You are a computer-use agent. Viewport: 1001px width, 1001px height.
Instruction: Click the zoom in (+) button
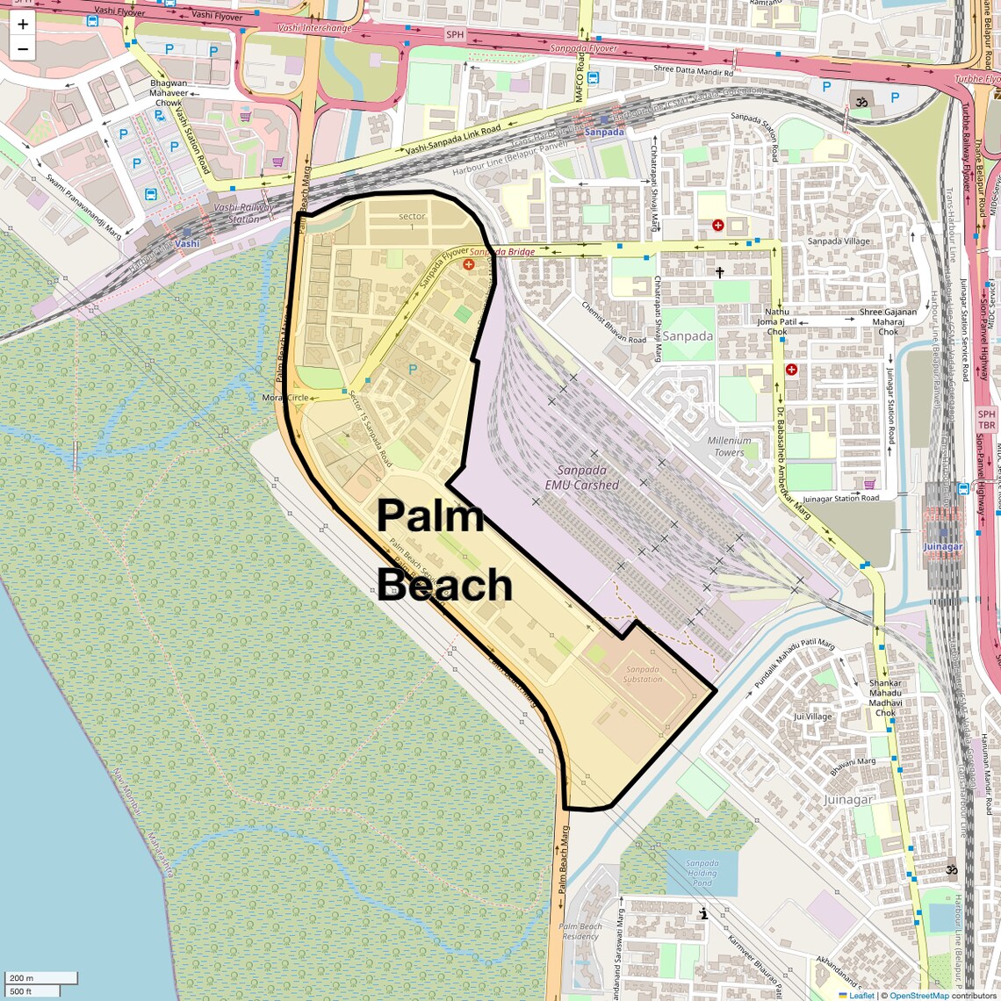[x=23, y=25]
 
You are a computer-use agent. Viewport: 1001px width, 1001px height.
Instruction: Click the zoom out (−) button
[x=23, y=49]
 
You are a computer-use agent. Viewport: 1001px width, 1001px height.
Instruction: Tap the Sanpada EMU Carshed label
[x=581, y=478]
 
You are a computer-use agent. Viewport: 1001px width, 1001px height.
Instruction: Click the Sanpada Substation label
[x=643, y=674]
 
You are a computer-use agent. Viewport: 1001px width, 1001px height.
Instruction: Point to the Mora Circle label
[x=285, y=398]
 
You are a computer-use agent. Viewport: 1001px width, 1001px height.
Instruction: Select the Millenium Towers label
[x=729, y=446]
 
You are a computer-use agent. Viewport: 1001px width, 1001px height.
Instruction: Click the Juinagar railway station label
[x=943, y=546]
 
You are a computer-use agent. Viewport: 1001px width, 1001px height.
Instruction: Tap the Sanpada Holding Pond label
[x=702, y=873]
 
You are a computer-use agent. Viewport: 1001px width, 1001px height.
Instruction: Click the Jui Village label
[x=812, y=717]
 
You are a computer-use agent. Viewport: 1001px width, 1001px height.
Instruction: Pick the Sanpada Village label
[x=839, y=241]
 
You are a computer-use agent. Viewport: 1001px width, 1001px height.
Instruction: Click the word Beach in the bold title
[x=446, y=585]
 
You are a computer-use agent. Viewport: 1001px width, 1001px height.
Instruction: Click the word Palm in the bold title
[x=430, y=515]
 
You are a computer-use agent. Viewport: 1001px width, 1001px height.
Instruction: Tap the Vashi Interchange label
[x=314, y=28]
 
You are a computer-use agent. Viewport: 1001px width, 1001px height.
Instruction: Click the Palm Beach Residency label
[x=580, y=931]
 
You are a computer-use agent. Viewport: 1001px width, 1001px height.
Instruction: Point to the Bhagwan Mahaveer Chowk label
[x=169, y=93]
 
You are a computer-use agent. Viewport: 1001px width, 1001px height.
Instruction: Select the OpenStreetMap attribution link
[x=918, y=996]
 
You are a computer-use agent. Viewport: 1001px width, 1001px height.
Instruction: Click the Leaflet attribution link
[x=861, y=996]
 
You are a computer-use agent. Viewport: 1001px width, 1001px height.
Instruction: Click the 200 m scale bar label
[x=22, y=978]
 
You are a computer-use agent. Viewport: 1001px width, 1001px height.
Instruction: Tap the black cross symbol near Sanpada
[x=720, y=273]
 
